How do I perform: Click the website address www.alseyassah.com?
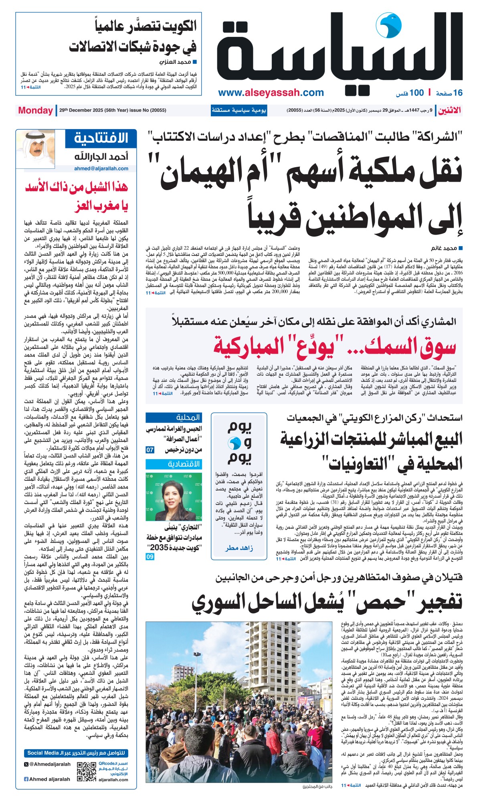pos(271,93)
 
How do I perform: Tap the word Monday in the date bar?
pos(35,110)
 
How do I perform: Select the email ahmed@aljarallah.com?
pos(101,169)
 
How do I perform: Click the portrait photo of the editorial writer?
pos(35,149)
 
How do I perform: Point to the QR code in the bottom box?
pos(87,771)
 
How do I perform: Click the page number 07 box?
pos(150,450)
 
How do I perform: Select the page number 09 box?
pos(150,557)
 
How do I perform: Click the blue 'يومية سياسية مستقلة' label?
pos(239,110)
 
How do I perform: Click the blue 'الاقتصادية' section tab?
pos(184,464)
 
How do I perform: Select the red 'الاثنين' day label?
pos(449,110)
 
